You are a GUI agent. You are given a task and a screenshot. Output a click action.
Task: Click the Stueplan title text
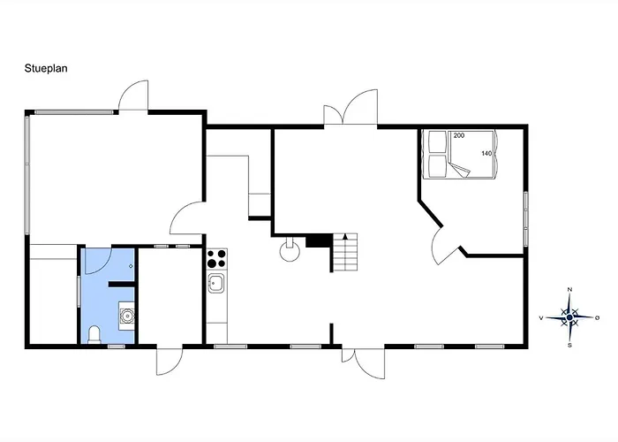point(46,68)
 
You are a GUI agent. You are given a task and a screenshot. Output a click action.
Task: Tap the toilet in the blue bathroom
point(94,335)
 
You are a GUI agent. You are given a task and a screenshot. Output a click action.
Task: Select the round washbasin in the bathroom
point(127,316)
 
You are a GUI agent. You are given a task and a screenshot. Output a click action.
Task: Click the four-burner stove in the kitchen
point(217,258)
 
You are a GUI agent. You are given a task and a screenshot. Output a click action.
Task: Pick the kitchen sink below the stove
point(216,284)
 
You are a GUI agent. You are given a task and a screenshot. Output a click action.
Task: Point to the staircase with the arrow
point(345,252)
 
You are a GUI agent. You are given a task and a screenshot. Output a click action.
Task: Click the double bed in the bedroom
point(459,155)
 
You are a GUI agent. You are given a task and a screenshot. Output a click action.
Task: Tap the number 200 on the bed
point(459,135)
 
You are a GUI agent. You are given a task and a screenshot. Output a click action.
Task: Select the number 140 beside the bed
point(486,154)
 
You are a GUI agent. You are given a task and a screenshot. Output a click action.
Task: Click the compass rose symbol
point(569,317)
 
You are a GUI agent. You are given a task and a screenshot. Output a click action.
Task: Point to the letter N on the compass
point(569,290)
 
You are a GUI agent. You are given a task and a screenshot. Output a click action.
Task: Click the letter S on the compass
point(569,346)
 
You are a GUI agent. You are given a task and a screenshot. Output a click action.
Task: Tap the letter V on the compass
point(541,317)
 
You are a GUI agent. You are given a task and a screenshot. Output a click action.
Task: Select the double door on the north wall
point(350,107)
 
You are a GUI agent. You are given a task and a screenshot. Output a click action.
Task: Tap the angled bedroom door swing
point(441,246)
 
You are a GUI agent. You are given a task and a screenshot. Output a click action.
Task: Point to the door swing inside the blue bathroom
point(98,262)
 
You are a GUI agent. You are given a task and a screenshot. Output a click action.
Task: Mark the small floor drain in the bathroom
point(131,266)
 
